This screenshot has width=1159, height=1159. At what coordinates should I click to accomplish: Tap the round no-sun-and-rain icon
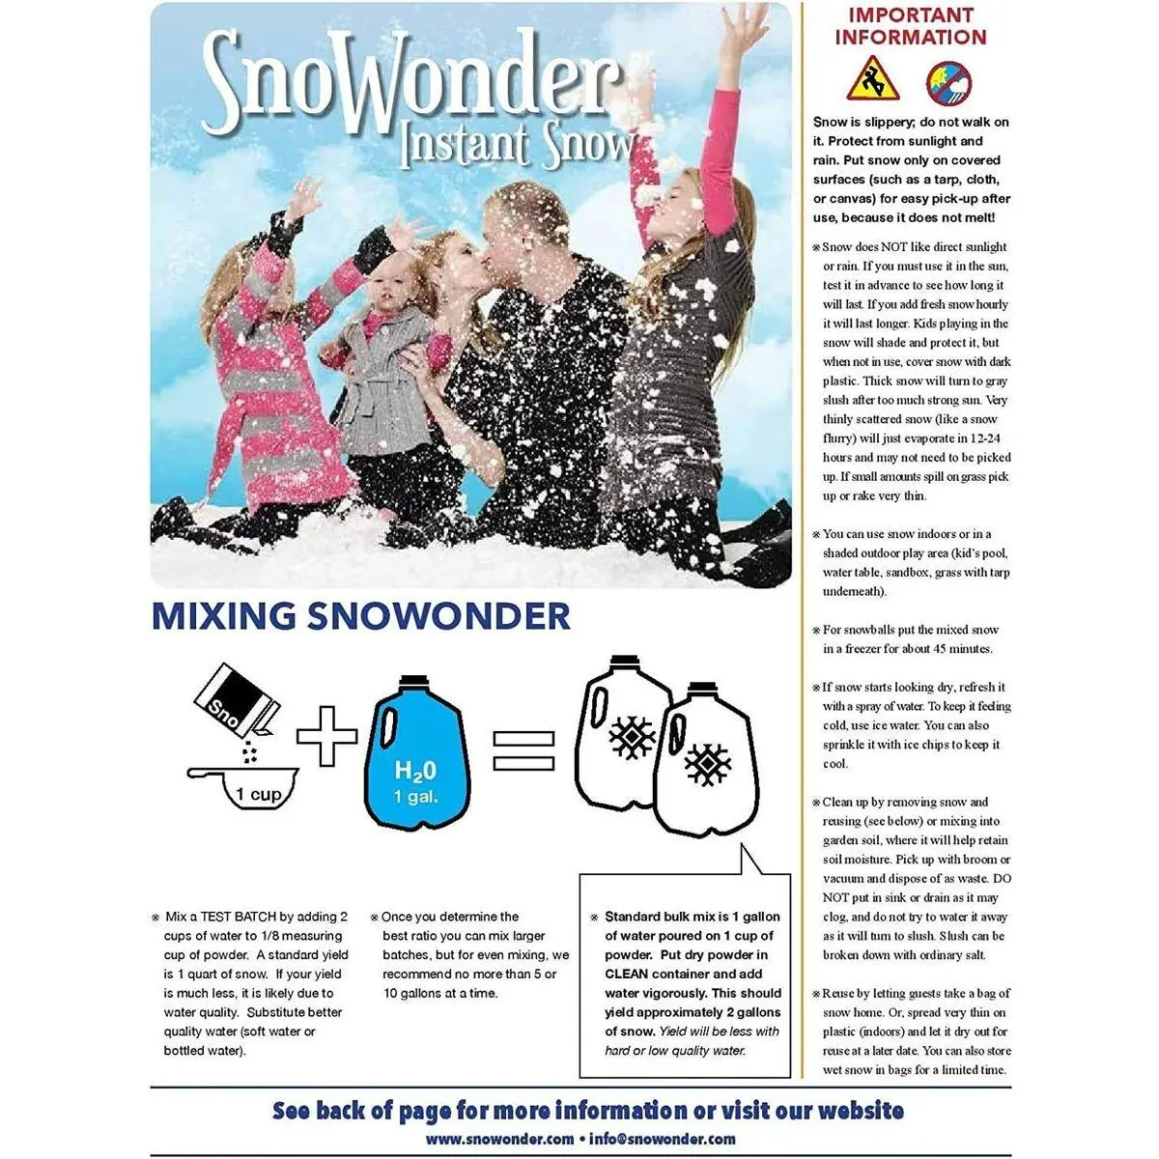pos(948,83)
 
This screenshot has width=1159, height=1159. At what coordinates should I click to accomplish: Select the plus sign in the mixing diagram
pos(326,737)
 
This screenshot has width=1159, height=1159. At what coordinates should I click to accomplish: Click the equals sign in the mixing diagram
pos(524,749)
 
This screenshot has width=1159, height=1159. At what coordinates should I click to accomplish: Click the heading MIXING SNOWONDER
pos(360,616)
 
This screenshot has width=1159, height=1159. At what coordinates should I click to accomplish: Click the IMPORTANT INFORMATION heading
pos(911,26)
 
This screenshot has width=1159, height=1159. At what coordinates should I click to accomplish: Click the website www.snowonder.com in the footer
pos(499,1139)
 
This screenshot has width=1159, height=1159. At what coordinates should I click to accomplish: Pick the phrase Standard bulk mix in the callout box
pos(657,917)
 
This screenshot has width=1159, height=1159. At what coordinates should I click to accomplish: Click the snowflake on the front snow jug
pos(707,765)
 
